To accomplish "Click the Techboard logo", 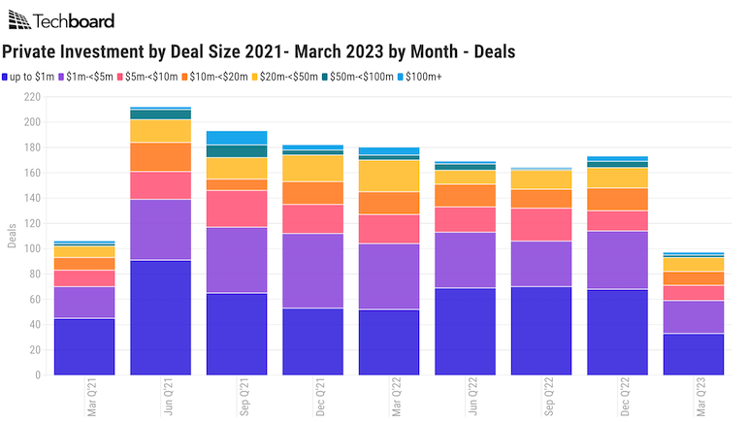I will point(60,20).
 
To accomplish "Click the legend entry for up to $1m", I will point(33,76).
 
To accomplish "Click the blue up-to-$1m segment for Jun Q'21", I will point(161,317).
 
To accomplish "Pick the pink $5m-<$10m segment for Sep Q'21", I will point(237,209).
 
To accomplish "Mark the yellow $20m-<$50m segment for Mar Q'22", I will point(390,176).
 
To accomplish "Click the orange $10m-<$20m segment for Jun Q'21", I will point(161,157).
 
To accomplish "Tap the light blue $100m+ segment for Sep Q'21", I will point(237,138).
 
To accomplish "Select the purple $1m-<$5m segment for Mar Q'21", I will point(84,303).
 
